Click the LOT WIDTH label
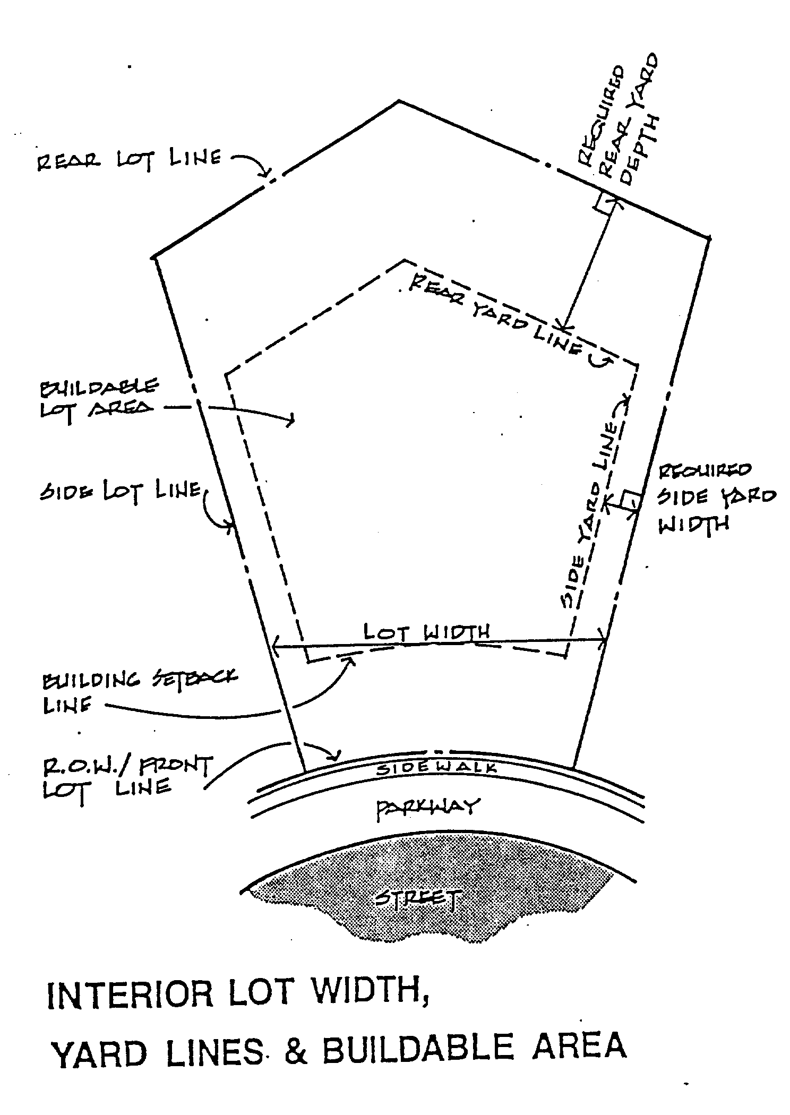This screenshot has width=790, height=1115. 426,632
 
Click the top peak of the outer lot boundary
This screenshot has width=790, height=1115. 399,101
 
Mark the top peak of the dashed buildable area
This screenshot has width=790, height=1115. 405,260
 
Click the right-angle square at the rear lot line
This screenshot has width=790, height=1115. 606,203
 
